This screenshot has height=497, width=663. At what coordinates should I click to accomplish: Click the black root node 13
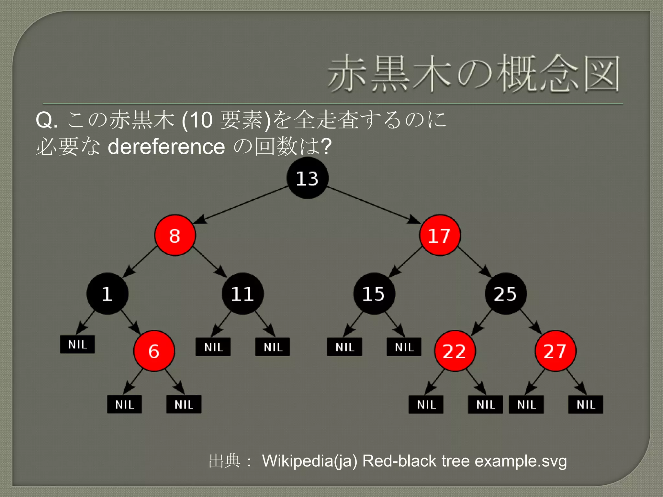click(x=307, y=178)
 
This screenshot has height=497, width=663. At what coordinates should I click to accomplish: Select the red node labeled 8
click(x=175, y=235)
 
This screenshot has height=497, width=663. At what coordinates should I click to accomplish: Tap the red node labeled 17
click(x=440, y=235)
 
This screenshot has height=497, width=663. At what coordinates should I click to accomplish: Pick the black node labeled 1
click(x=107, y=294)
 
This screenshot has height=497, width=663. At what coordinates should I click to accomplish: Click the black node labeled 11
click(x=242, y=294)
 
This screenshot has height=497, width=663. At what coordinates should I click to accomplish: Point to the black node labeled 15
click(x=374, y=294)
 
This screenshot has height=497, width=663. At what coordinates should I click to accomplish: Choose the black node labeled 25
click(x=505, y=294)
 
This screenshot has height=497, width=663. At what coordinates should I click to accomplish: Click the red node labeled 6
click(x=154, y=351)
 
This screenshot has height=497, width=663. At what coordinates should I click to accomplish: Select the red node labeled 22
click(x=455, y=351)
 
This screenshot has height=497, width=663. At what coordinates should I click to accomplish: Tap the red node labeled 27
click(x=555, y=351)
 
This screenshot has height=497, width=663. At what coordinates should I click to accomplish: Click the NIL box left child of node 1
click(x=77, y=344)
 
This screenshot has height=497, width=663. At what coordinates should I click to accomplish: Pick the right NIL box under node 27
click(x=586, y=404)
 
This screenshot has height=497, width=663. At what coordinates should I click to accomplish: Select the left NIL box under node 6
click(x=124, y=404)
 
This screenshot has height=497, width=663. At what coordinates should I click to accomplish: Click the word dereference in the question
click(x=166, y=147)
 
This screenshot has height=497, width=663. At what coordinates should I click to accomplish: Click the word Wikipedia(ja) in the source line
click(x=309, y=461)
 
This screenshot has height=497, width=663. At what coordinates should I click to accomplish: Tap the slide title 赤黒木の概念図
click(x=474, y=74)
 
